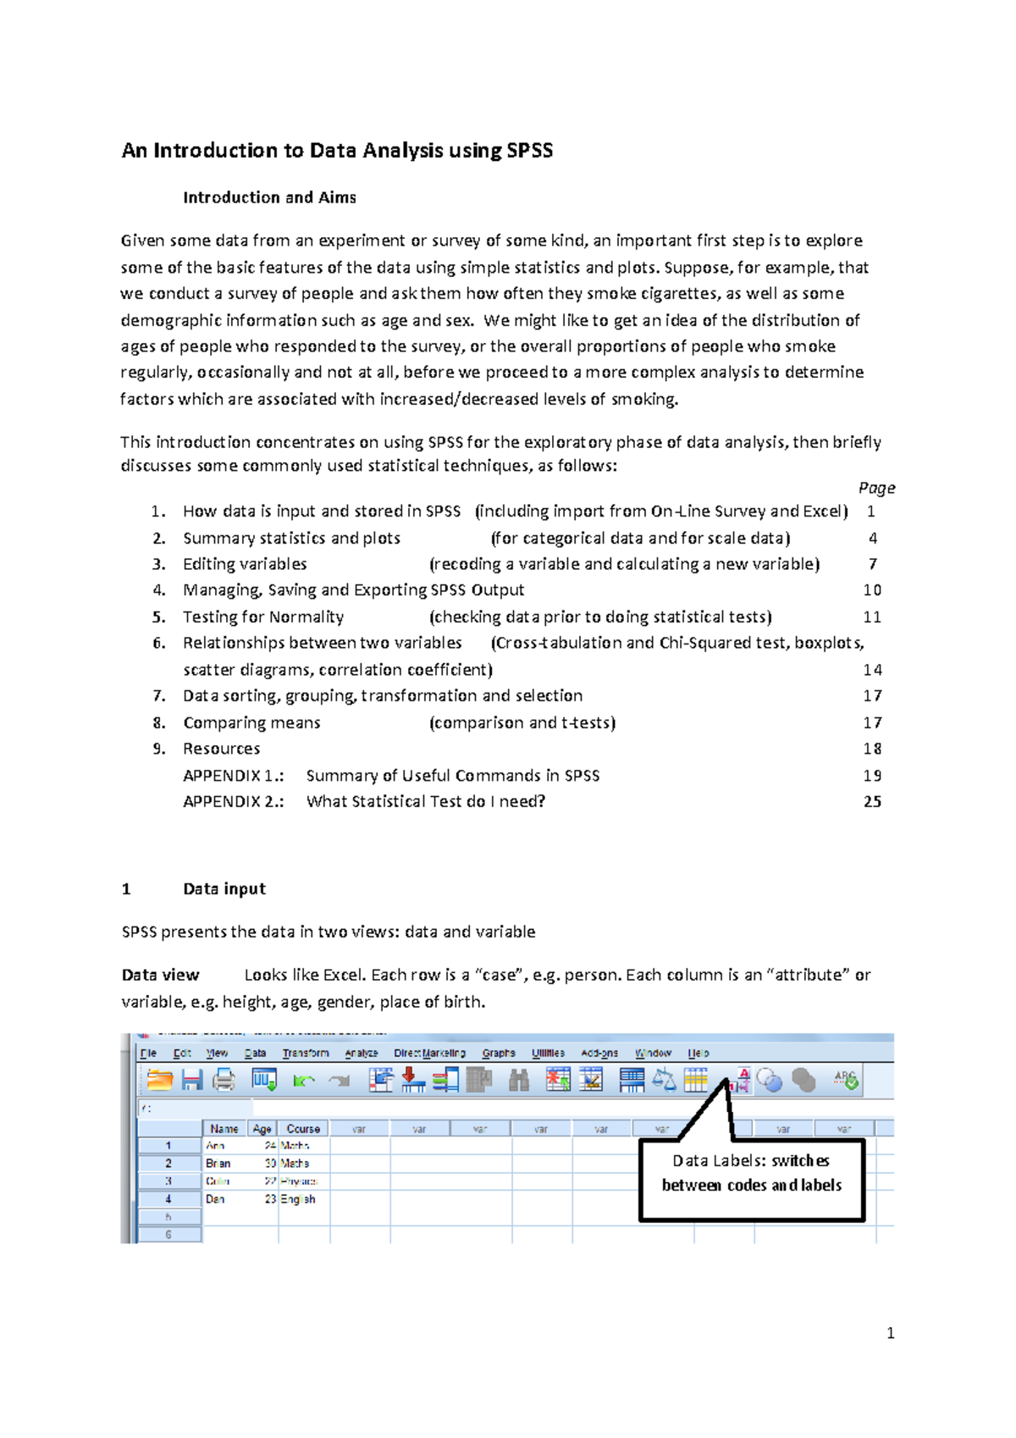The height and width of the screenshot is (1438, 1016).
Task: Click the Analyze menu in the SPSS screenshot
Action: tap(361, 1053)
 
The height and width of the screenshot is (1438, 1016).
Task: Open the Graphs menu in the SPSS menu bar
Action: tap(499, 1053)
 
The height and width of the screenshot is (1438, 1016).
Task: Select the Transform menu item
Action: tap(306, 1053)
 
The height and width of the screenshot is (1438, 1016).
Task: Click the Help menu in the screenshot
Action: tap(698, 1053)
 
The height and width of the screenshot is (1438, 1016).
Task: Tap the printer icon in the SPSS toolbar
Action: tap(224, 1080)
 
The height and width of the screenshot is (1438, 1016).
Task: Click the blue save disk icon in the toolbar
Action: tap(192, 1080)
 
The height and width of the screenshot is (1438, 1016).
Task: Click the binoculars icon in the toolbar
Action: tap(518, 1080)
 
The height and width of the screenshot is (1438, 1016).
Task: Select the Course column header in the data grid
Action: tap(303, 1129)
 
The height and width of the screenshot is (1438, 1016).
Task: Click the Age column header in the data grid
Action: tap(262, 1129)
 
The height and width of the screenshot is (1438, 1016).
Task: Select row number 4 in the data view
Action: tap(168, 1199)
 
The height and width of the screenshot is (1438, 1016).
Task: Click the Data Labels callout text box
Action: tap(751, 1174)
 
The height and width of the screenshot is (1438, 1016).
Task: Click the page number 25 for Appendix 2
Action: tap(872, 801)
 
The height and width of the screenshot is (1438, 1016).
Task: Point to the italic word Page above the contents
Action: tap(876, 488)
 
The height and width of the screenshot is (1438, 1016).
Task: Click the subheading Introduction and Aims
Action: tap(269, 197)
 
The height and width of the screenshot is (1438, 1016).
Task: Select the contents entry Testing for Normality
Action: tap(263, 617)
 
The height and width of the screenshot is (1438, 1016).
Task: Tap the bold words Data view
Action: tap(160, 975)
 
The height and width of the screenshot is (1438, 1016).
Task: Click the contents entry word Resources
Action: tap(221, 749)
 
